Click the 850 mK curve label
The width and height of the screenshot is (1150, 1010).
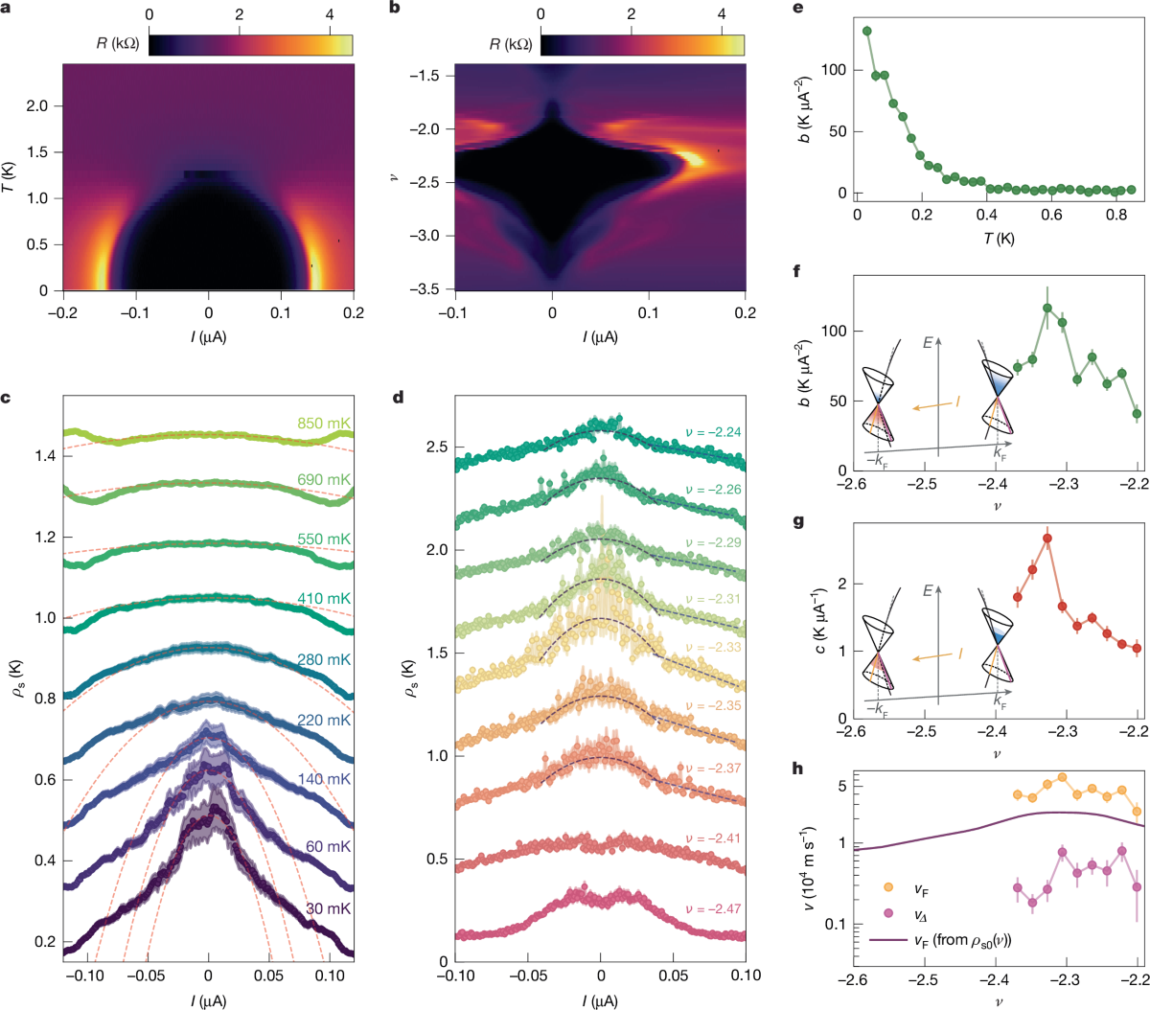click(x=324, y=424)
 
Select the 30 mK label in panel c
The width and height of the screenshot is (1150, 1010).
click(x=328, y=908)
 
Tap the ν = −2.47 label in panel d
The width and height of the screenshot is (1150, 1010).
click(x=713, y=908)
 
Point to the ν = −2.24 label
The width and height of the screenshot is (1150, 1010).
click(x=713, y=432)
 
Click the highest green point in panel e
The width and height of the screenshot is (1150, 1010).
click(x=866, y=31)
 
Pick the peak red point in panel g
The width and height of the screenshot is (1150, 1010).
click(x=1047, y=539)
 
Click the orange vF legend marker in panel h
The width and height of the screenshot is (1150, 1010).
click(x=888, y=890)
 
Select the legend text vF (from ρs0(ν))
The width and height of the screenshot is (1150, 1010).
click(x=962, y=940)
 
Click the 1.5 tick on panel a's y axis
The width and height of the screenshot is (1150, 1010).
click(x=37, y=152)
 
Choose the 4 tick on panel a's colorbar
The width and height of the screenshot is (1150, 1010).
click(x=330, y=15)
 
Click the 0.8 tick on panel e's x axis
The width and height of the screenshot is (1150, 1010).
click(x=1116, y=215)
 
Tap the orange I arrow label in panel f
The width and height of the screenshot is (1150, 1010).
click(x=956, y=402)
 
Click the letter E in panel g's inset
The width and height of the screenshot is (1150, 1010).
click(x=927, y=591)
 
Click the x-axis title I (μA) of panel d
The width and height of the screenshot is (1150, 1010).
click(x=600, y=1001)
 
